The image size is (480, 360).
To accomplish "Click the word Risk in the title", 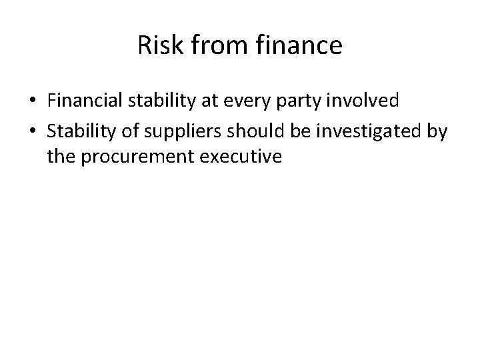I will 155,45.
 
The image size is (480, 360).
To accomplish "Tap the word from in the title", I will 203,45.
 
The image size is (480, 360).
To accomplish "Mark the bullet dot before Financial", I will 33,102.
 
